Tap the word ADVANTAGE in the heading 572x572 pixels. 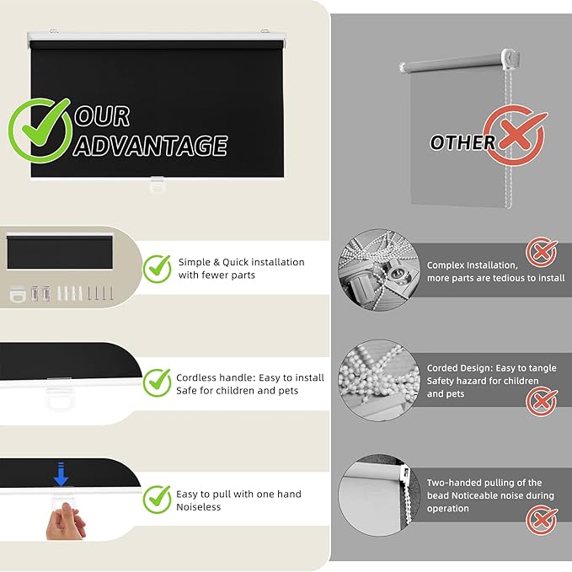(x=151, y=145)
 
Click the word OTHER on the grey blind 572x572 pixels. (x=462, y=142)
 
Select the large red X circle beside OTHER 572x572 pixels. (x=515, y=135)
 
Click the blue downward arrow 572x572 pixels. (x=61, y=474)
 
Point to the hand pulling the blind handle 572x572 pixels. (x=65, y=521)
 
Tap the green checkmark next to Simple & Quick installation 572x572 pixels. (x=157, y=269)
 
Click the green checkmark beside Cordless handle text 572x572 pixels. (x=157, y=382)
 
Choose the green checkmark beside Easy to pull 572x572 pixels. (x=157, y=500)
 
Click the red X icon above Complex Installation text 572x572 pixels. (x=542, y=252)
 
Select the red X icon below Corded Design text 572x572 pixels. (x=542, y=401)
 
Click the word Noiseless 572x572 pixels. (x=199, y=507)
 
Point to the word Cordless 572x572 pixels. (x=196, y=377)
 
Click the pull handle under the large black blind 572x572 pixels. (x=158, y=185)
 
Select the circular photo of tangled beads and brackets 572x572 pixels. (x=379, y=270)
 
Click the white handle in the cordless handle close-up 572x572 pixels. (x=60, y=399)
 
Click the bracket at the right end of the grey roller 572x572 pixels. (x=510, y=59)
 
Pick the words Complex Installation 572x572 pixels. (x=473, y=265)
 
